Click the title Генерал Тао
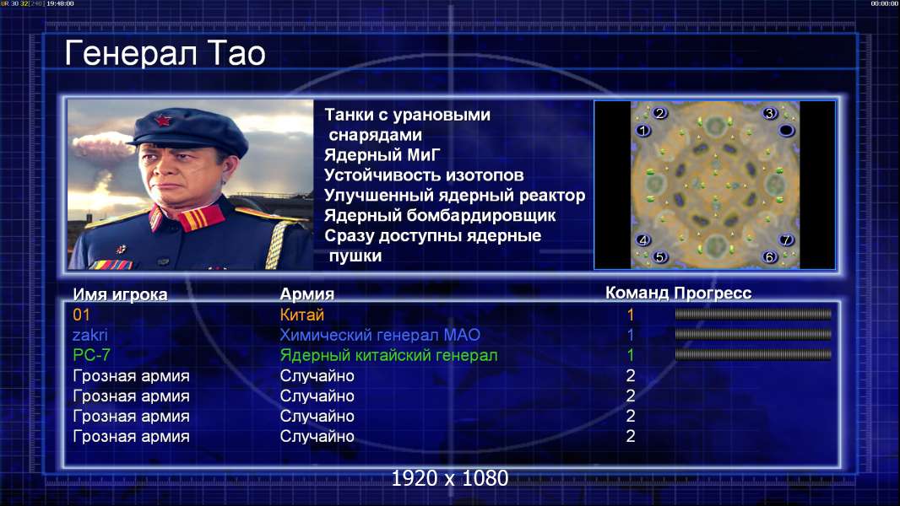[165, 53]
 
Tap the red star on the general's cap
[162, 120]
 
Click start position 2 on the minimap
[659, 113]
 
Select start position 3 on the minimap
[769, 113]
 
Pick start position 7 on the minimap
[786, 240]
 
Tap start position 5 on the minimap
[659, 257]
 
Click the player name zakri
[90, 335]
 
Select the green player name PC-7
[91, 355]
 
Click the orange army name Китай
[302, 315]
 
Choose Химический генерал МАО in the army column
[380, 335]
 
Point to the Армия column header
[307, 294]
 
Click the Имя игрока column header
[120, 294]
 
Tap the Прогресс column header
[713, 293]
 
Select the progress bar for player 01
[753, 314]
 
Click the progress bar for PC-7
[753, 355]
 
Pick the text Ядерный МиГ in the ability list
[382, 154]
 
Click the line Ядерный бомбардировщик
[440, 215]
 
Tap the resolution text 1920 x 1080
[449, 478]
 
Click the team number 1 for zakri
[630, 335]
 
